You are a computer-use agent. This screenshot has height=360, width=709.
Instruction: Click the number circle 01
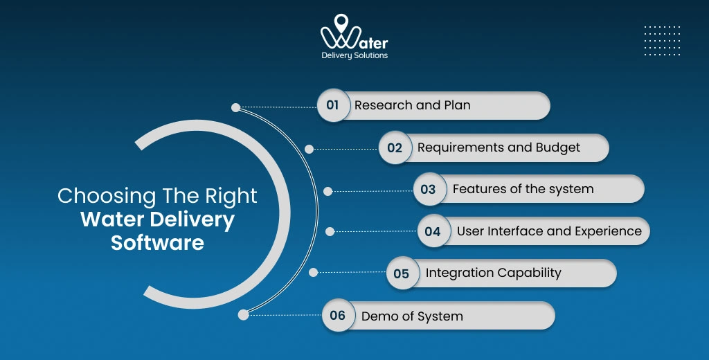click(x=333, y=106)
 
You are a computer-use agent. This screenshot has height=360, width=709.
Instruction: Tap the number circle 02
click(x=395, y=147)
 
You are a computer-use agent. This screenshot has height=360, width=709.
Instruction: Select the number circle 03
click(x=429, y=189)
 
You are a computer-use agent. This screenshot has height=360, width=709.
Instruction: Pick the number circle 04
click(x=433, y=231)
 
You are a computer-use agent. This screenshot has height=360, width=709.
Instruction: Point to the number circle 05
click(x=402, y=273)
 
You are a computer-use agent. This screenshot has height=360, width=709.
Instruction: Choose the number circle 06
click(x=338, y=316)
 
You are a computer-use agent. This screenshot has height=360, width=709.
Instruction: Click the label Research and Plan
click(x=412, y=106)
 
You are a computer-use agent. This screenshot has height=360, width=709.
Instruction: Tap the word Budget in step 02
click(x=557, y=147)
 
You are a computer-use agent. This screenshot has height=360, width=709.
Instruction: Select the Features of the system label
click(x=523, y=189)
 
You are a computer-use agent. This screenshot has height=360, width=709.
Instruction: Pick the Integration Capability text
click(x=493, y=273)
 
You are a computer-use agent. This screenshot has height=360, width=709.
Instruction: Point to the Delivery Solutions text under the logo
click(x=354, y=55)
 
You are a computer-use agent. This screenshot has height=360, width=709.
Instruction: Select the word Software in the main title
click(x=157, y=242)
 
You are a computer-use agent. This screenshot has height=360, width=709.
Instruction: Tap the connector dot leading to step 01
click(x=235, y=107)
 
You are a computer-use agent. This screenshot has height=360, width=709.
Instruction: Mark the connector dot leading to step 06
click(x=243, y=314)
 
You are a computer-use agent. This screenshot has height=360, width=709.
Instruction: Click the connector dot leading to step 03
click(x=328, y=191)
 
